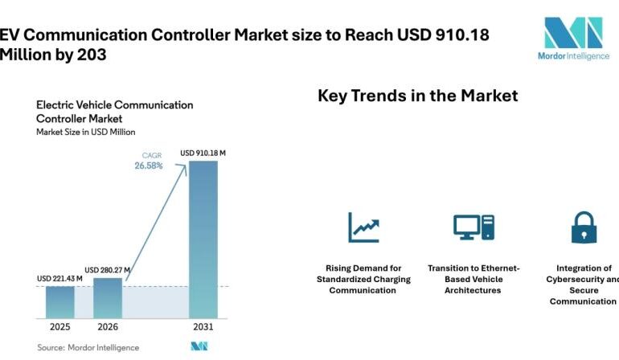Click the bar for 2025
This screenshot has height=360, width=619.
click(59, 301)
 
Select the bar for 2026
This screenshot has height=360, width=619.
click(108, 297)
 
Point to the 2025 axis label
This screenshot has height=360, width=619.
click(59, 327)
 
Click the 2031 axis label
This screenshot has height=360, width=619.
click(203, 327)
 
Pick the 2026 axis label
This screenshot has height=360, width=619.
click(108, 327)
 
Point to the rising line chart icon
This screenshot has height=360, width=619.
click(363, 227)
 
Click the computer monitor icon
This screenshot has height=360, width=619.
click(473, 227)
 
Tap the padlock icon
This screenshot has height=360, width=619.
click(583, 227)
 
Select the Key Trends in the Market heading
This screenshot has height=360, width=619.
click(417, 96)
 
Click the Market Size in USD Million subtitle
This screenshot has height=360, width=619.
click(85, 132)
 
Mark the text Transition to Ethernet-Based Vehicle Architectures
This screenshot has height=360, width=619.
click(473, 279)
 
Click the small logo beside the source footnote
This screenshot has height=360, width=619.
click(199, 346)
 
